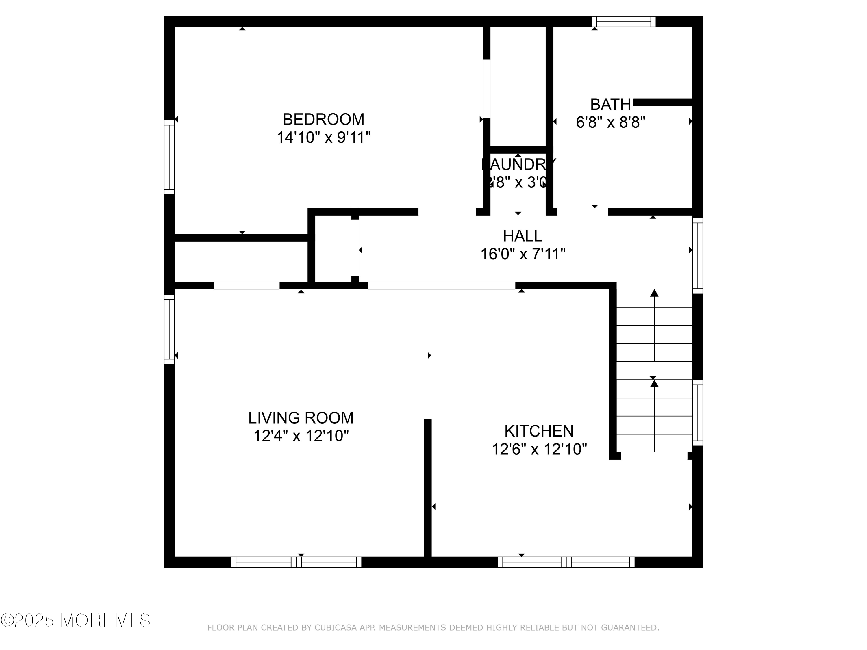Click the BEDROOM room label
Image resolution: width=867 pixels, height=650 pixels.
pos(323,119)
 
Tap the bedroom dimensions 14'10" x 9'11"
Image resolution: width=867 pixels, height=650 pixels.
pos(323,138)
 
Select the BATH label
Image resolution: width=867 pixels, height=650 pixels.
pos(610,105)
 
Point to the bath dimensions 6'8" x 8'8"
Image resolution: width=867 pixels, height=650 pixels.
pos(610,123)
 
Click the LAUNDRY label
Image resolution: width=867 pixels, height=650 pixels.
pos(518,165)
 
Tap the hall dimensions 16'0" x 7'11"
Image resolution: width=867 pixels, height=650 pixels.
pos(523,254)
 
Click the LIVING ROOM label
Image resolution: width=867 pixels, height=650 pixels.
pos(301,418)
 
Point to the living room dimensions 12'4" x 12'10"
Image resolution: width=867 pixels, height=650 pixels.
pos(301,436)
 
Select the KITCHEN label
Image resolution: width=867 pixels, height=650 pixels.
pos(539,431)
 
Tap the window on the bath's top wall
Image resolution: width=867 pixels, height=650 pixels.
pos(623,22)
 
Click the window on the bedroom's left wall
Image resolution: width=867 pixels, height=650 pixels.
pos(169,157)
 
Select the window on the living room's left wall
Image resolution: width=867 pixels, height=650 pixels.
pos(169,329)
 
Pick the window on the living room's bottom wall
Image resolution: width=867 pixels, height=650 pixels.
pos(296,562)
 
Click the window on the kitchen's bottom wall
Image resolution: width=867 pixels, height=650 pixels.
pos(566,562)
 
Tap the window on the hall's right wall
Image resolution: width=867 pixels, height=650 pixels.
pos(698,255)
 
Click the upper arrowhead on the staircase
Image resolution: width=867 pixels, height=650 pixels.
pos(654,293)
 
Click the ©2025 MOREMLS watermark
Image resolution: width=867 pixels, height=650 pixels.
pos(75,620)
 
